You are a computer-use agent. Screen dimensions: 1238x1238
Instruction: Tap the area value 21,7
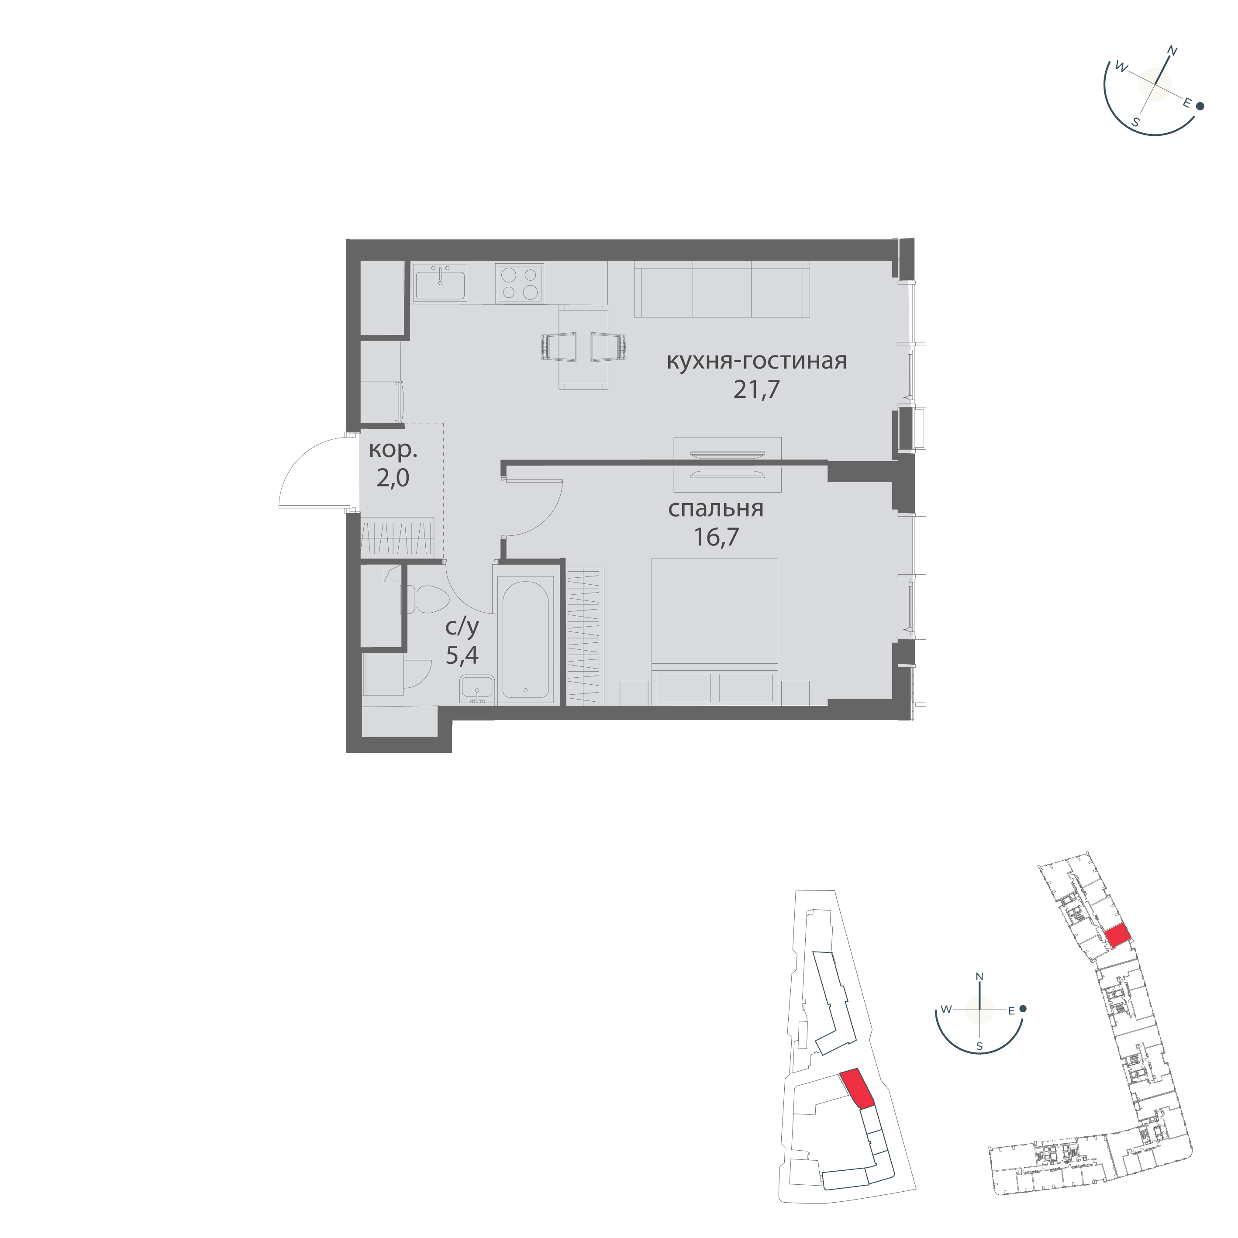[x=757, y=389]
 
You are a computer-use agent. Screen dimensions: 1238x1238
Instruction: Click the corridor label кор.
[x=393, y=451]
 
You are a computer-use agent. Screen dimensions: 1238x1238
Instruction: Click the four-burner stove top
[x=520, y=283]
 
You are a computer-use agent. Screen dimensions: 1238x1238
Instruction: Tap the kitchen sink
[x=441, y=282]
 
